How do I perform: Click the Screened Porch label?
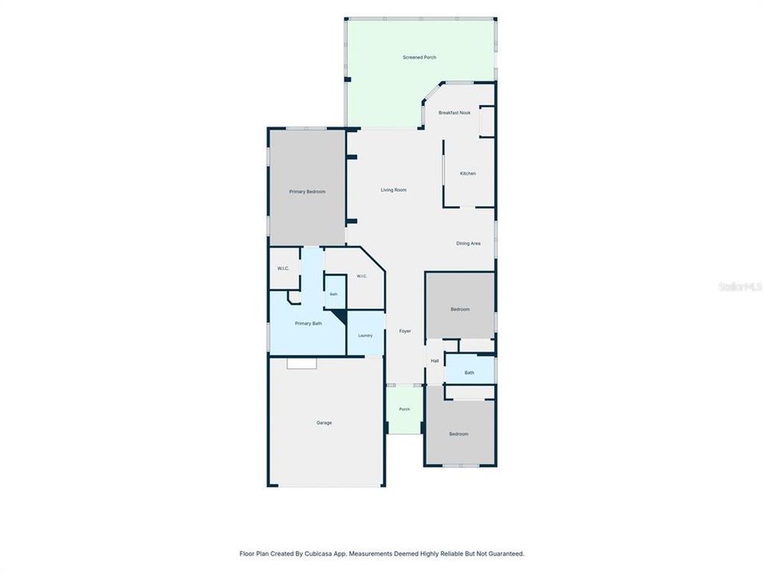pyautogui.click(x=419, y=57)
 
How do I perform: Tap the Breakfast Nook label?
pyautogui.click(x=454, y=112)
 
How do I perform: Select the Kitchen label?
pyautogui.click(x=468, y=173)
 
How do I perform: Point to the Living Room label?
pyautogui.click(x=394, y=190)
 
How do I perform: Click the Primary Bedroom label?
pyautogui.click(x=307, y=192)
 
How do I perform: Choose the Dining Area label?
pyautogui.click(x=468, y=244)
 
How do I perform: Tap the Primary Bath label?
pyautogui.click(x=309, y=324)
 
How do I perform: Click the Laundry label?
pyautogui.click(x=365, y=336)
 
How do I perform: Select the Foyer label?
pyautogui.click(x=405, y=331)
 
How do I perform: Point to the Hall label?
pyautogui.click(x=435, y=361)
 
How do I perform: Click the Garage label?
pyautogui.click(x=324, y=423)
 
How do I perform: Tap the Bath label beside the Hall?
pyautogui.click(x=470, y=372)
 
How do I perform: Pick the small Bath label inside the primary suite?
pyautogui.click(x=333, y=294)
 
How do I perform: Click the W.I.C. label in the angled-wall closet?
pyautogui.click(x=361, y=276)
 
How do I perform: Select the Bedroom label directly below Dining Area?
pyautogui.click(x=460, y=310)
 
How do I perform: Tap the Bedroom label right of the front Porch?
pyautogui.click(x=458, y=435)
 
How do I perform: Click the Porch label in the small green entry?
pyautogui.click(x=404, y=409)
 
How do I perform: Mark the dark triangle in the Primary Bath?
pyautogui.click(x=341, y=315)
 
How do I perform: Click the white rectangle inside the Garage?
pyautogui.click(x=302, y=364)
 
